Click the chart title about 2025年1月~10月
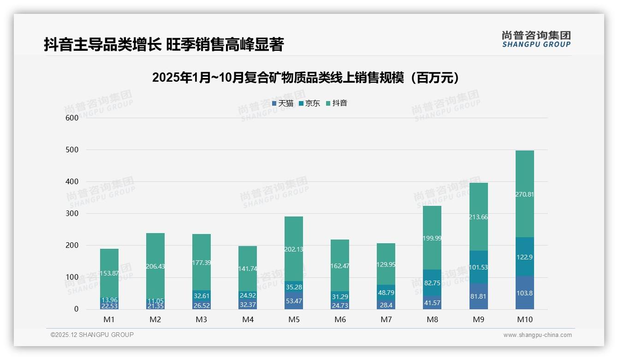[x=307, y=78]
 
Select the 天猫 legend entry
[x=283, y=103]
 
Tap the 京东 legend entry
[x=309, y=103]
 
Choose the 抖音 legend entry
[x=337, y=103]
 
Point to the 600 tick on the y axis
[x=72, y=118]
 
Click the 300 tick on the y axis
[x=72, y=214]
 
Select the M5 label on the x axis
[x=294, y=320]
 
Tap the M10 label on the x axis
[x=524, y=320]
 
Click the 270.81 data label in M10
[x=524, y=194]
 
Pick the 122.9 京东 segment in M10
[x=524, y=257]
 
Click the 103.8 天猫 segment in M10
[x=524, y=293]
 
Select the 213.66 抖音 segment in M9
[x=478, y=217]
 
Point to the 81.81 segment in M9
[x=478, y=296]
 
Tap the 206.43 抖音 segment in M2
[x=155, y=266]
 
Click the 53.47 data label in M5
[x=294, y=301]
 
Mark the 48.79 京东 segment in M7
[x=386, y=292]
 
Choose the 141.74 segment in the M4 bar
[x=248, y=269]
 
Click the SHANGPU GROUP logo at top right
[x=536, y=39]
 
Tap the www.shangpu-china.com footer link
[x=537, y=335]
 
